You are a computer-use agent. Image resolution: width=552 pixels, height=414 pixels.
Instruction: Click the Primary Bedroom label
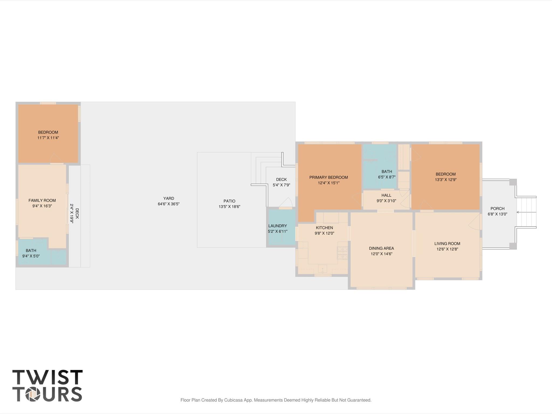[x=328, y=177]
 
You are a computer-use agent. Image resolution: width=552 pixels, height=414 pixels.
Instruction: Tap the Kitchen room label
[x=324, y=228]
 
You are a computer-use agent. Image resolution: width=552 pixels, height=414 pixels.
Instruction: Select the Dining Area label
[x=381, y=248]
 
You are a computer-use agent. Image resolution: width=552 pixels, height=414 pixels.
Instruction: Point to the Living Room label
[x=447, y=244]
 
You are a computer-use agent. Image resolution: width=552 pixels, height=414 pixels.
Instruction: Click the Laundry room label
[x=277, y=226]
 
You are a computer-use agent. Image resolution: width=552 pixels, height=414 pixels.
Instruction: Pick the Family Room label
[x=42, y=200]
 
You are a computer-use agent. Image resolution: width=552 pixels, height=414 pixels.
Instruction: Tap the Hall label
[x=386, y=195]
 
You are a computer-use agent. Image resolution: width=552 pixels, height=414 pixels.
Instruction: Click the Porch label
[x=497, y=208]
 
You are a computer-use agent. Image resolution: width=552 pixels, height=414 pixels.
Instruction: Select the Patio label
[x=229, y=201]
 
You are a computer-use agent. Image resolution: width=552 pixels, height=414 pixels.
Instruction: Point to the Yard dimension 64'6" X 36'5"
[x=169, y=204]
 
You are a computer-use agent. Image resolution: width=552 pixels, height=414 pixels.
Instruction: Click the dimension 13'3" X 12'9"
[x=445, y=180]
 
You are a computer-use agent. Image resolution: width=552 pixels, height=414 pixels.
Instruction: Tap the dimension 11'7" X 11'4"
[x=48, y=138]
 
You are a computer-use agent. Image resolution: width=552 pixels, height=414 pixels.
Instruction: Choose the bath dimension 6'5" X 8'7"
[x=387, y=177]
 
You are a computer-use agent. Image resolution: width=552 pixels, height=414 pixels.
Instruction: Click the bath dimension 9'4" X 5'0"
[x=31, y=256]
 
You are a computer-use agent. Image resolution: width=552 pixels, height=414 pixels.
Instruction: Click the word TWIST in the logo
[x=47, y=377]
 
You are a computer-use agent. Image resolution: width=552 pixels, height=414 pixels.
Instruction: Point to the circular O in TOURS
[x=33, y=394]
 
